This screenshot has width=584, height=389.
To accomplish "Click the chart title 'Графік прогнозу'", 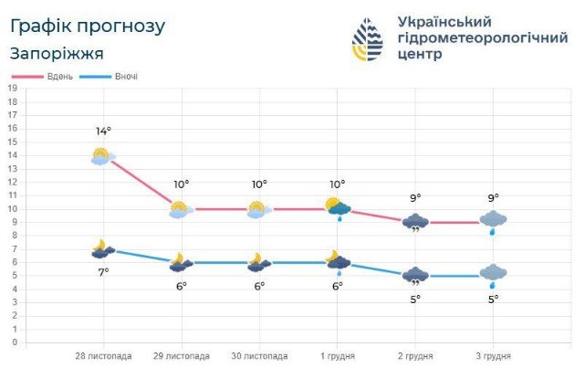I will [88, 26].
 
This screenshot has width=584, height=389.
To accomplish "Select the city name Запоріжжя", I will [57, 53].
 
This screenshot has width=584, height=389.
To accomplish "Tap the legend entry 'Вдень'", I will [60, 76].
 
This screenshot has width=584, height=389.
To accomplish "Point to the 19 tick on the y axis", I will [12, 88].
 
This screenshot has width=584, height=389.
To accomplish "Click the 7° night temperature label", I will [103, 271].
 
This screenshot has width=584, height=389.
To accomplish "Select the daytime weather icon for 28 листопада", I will [102, 156].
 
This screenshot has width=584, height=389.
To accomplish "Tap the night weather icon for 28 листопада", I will [103, 248].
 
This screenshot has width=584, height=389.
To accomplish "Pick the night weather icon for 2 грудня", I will [416, 276].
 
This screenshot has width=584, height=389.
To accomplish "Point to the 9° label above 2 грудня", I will [416, 198].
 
